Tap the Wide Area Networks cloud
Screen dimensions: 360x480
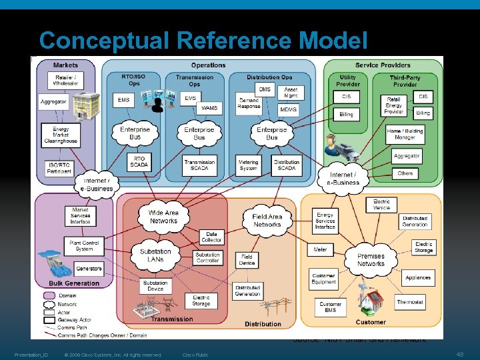(163, 217)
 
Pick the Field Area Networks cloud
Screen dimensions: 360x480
(267, 220)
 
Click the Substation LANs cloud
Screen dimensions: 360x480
(155, 255)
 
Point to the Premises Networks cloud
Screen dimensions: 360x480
(371, 259)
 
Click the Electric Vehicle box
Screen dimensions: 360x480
(381, 204)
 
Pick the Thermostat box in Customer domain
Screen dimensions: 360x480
(409, 302)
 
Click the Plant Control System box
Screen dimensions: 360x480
(84, 246)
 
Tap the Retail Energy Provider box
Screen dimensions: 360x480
(394, 105)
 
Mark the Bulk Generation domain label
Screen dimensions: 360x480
(74, 283)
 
